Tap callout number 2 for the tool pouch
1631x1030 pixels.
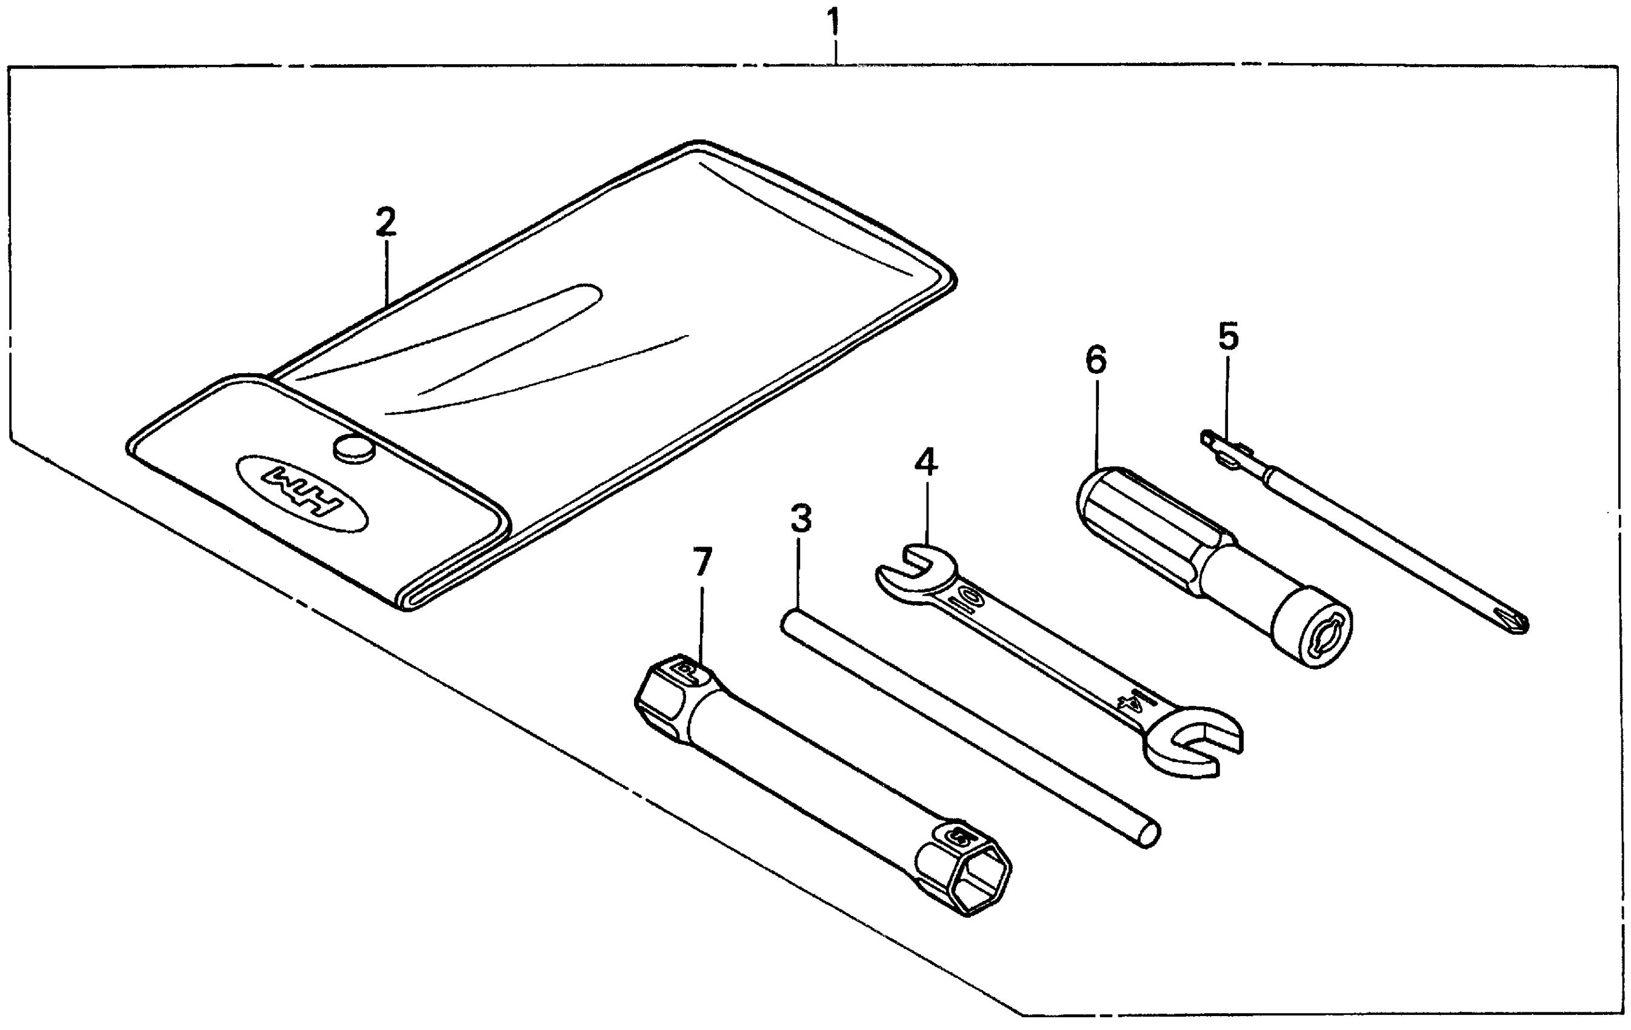[386, 223]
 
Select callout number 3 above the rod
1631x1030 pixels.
[801, 519]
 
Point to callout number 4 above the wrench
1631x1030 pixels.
[926, 462]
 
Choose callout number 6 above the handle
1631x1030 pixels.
[1095, 360]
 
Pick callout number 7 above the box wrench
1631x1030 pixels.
[702, 562]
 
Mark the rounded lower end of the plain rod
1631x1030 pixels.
[1147, 835]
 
